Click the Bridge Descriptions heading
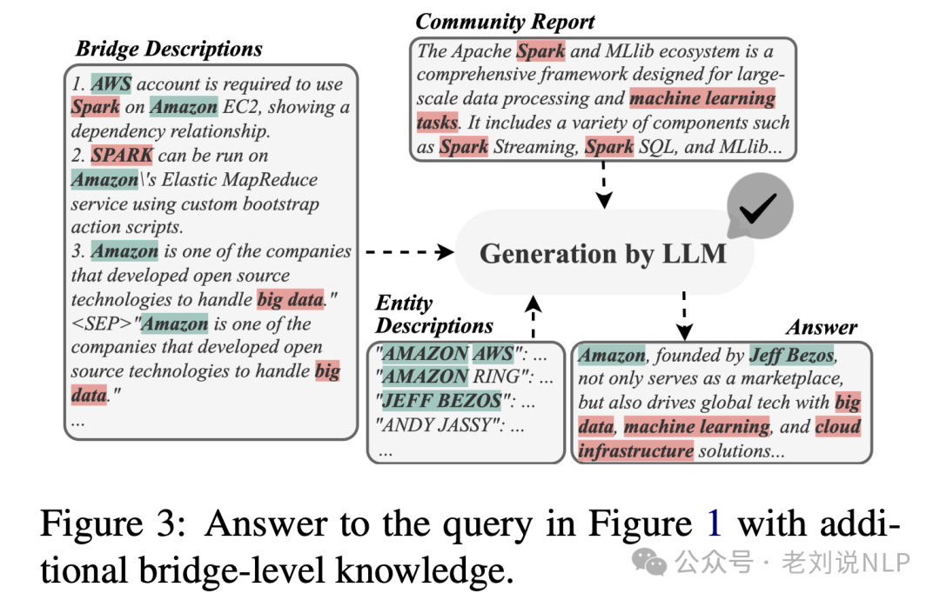point(169,49)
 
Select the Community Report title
point(505,22)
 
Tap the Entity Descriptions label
point(433,315)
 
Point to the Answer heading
point(822,327)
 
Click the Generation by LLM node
point(602,253)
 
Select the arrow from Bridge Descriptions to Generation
point(408,253)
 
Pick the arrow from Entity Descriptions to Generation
point(534,317)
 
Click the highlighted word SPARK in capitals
point(122,157)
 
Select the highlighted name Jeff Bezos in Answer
point(791,355)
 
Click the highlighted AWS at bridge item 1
point(111,84)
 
